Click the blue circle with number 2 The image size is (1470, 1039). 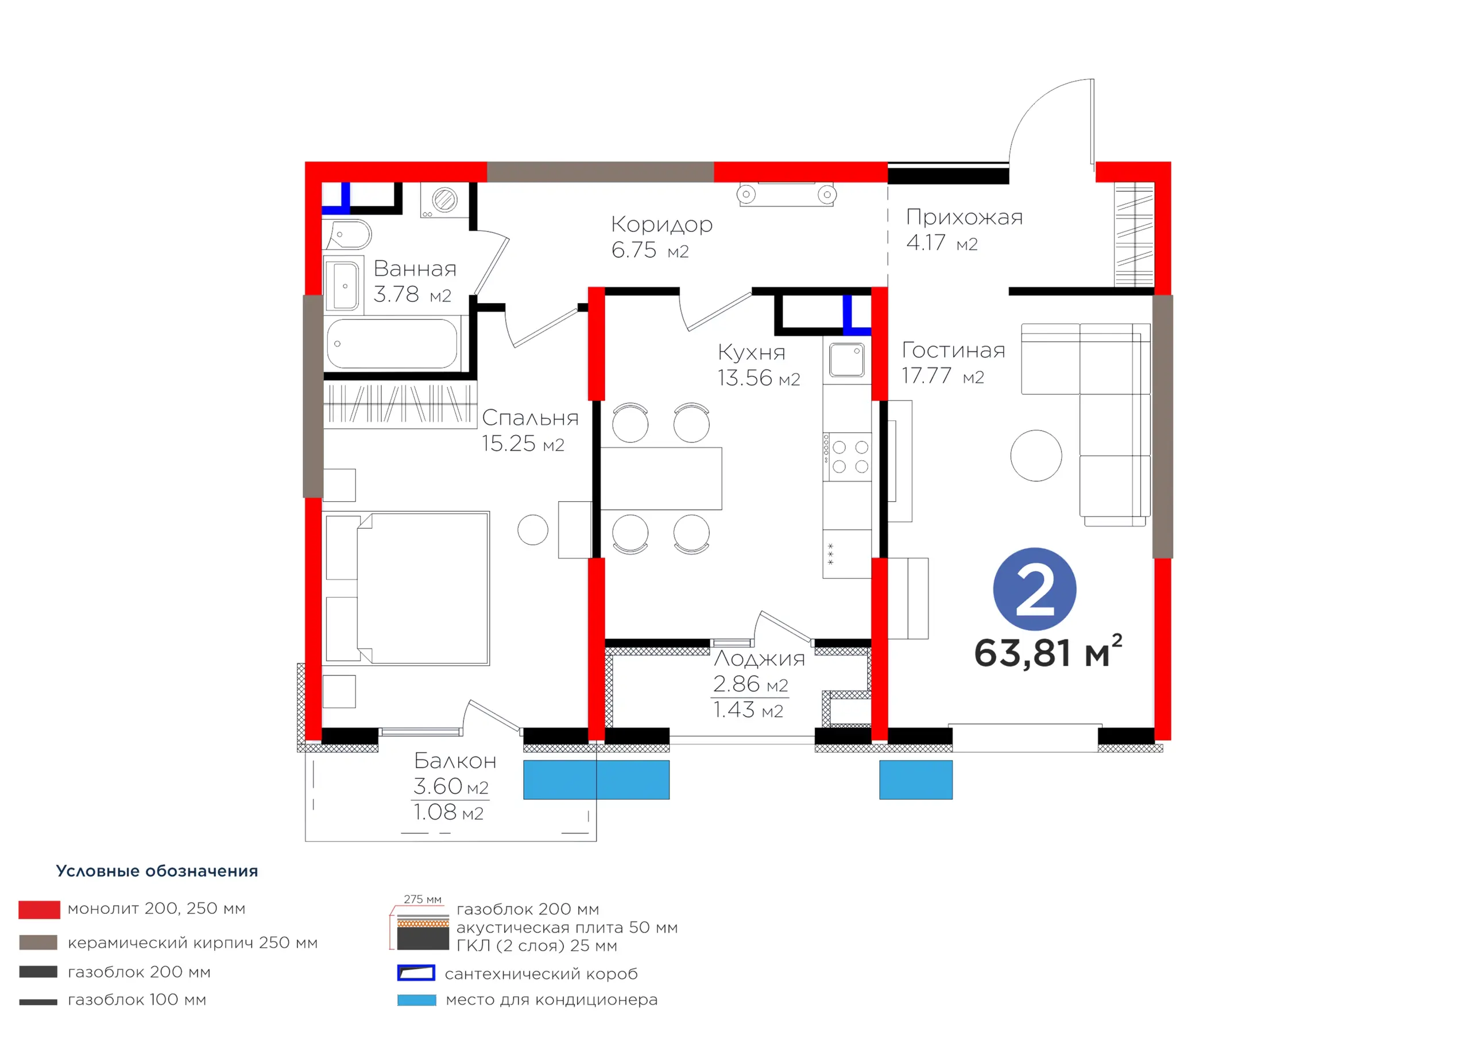1034,589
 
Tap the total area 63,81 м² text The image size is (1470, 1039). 1047,652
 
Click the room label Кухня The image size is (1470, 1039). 751,352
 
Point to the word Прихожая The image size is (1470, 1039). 964,218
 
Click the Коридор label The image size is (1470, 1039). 661,224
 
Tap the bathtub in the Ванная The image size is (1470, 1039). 392,344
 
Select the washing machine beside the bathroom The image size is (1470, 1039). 444,200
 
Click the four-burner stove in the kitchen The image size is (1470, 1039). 846,456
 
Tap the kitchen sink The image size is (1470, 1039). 846,360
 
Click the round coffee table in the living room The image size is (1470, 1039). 1036,455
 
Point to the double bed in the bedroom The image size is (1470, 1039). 407,588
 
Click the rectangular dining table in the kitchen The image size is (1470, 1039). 661,478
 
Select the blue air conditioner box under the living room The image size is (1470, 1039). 915,780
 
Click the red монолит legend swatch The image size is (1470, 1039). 39,910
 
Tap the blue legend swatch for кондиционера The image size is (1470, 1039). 416,1000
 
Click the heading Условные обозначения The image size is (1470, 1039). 157,871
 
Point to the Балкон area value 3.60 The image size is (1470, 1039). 438,786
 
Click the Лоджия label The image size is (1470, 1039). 759,659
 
